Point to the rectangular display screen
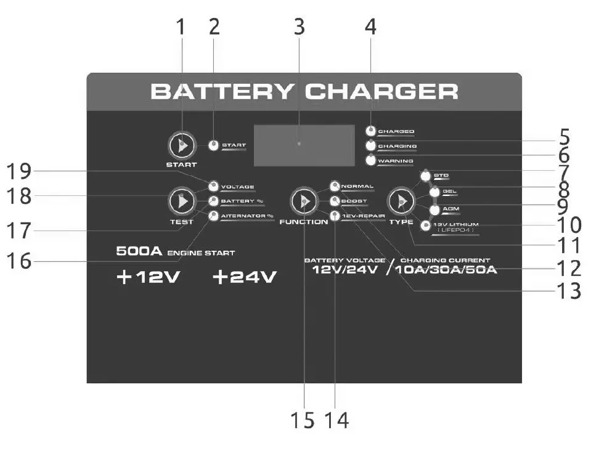304,145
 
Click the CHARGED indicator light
370,131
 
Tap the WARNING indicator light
370,161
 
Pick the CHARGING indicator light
370,146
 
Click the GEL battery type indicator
434,192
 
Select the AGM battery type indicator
434,210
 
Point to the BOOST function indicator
335,201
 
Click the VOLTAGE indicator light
213,186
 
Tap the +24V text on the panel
244,278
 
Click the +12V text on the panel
148,278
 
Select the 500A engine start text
175,252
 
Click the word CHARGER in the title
382,92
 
